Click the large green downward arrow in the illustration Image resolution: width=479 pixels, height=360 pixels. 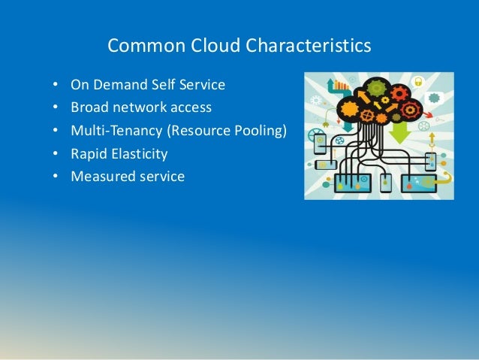click(x=399, y=132)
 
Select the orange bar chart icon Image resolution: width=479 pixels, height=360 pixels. click(x=343, y=83)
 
